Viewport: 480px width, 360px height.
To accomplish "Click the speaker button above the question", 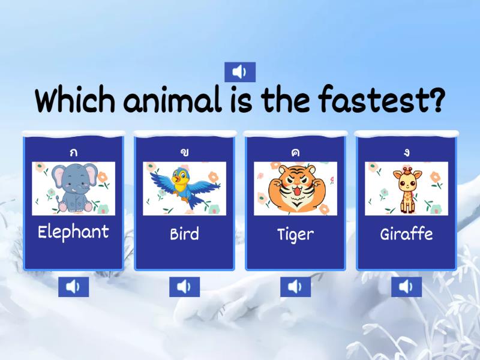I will [240, 72].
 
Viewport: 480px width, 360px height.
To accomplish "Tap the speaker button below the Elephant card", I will [73, 287].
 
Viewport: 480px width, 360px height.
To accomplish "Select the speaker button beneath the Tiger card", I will [295, 287].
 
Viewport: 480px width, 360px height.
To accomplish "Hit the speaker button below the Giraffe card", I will [406, 287].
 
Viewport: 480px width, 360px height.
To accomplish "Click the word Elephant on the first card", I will [73, 232].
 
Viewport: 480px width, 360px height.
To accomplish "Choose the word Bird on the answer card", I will [184, 233].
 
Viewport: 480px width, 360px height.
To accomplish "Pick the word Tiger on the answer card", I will [295, 234].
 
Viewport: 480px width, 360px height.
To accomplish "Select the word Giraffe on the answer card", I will [406, 233].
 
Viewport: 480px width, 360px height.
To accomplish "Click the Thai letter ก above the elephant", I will [73, 152].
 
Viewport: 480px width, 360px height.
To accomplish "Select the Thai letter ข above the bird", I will [184, 152].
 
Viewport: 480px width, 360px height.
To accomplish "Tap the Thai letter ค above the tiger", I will [295, 152].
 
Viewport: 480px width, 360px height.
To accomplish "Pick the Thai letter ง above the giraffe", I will [406, 152].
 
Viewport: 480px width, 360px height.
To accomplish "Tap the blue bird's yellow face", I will [180, 178].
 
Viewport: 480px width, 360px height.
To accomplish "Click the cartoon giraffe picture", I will [407, 189].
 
